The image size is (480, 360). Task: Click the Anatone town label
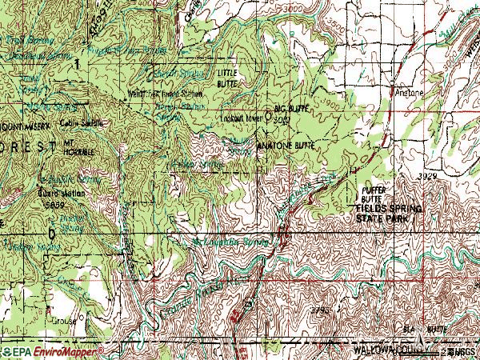[410, 92]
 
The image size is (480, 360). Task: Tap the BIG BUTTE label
[290, 107]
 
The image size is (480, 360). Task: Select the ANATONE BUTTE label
[284, 146]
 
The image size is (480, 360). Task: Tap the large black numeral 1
[77, 62]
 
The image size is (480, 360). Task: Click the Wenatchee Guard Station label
[165, 92]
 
